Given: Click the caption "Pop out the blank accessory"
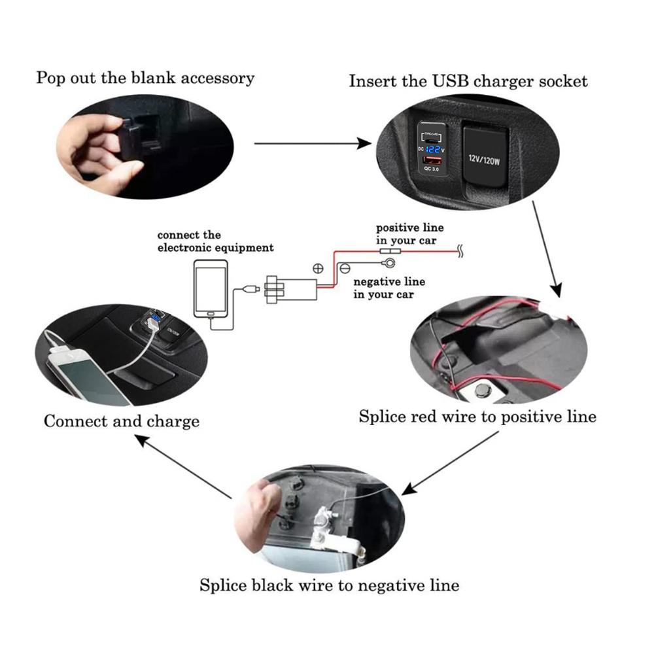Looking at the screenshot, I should [145, 78].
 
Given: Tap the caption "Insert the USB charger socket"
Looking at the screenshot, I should [468, 81].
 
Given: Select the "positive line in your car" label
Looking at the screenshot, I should [409, 234].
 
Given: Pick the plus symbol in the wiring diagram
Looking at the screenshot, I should [319, 268].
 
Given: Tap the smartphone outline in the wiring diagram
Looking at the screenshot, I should [211, 288].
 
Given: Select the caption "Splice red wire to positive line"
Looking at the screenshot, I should [477, 417].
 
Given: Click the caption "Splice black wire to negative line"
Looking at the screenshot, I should [329, 584].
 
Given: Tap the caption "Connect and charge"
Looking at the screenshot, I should [121, 421].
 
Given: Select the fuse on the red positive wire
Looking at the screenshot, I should [391, 250].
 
